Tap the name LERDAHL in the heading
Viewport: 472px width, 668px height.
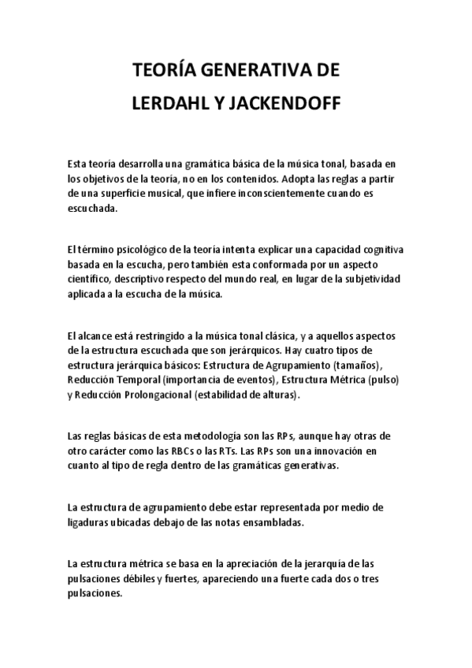[166, 102]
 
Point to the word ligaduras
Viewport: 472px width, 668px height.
[90, 523]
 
